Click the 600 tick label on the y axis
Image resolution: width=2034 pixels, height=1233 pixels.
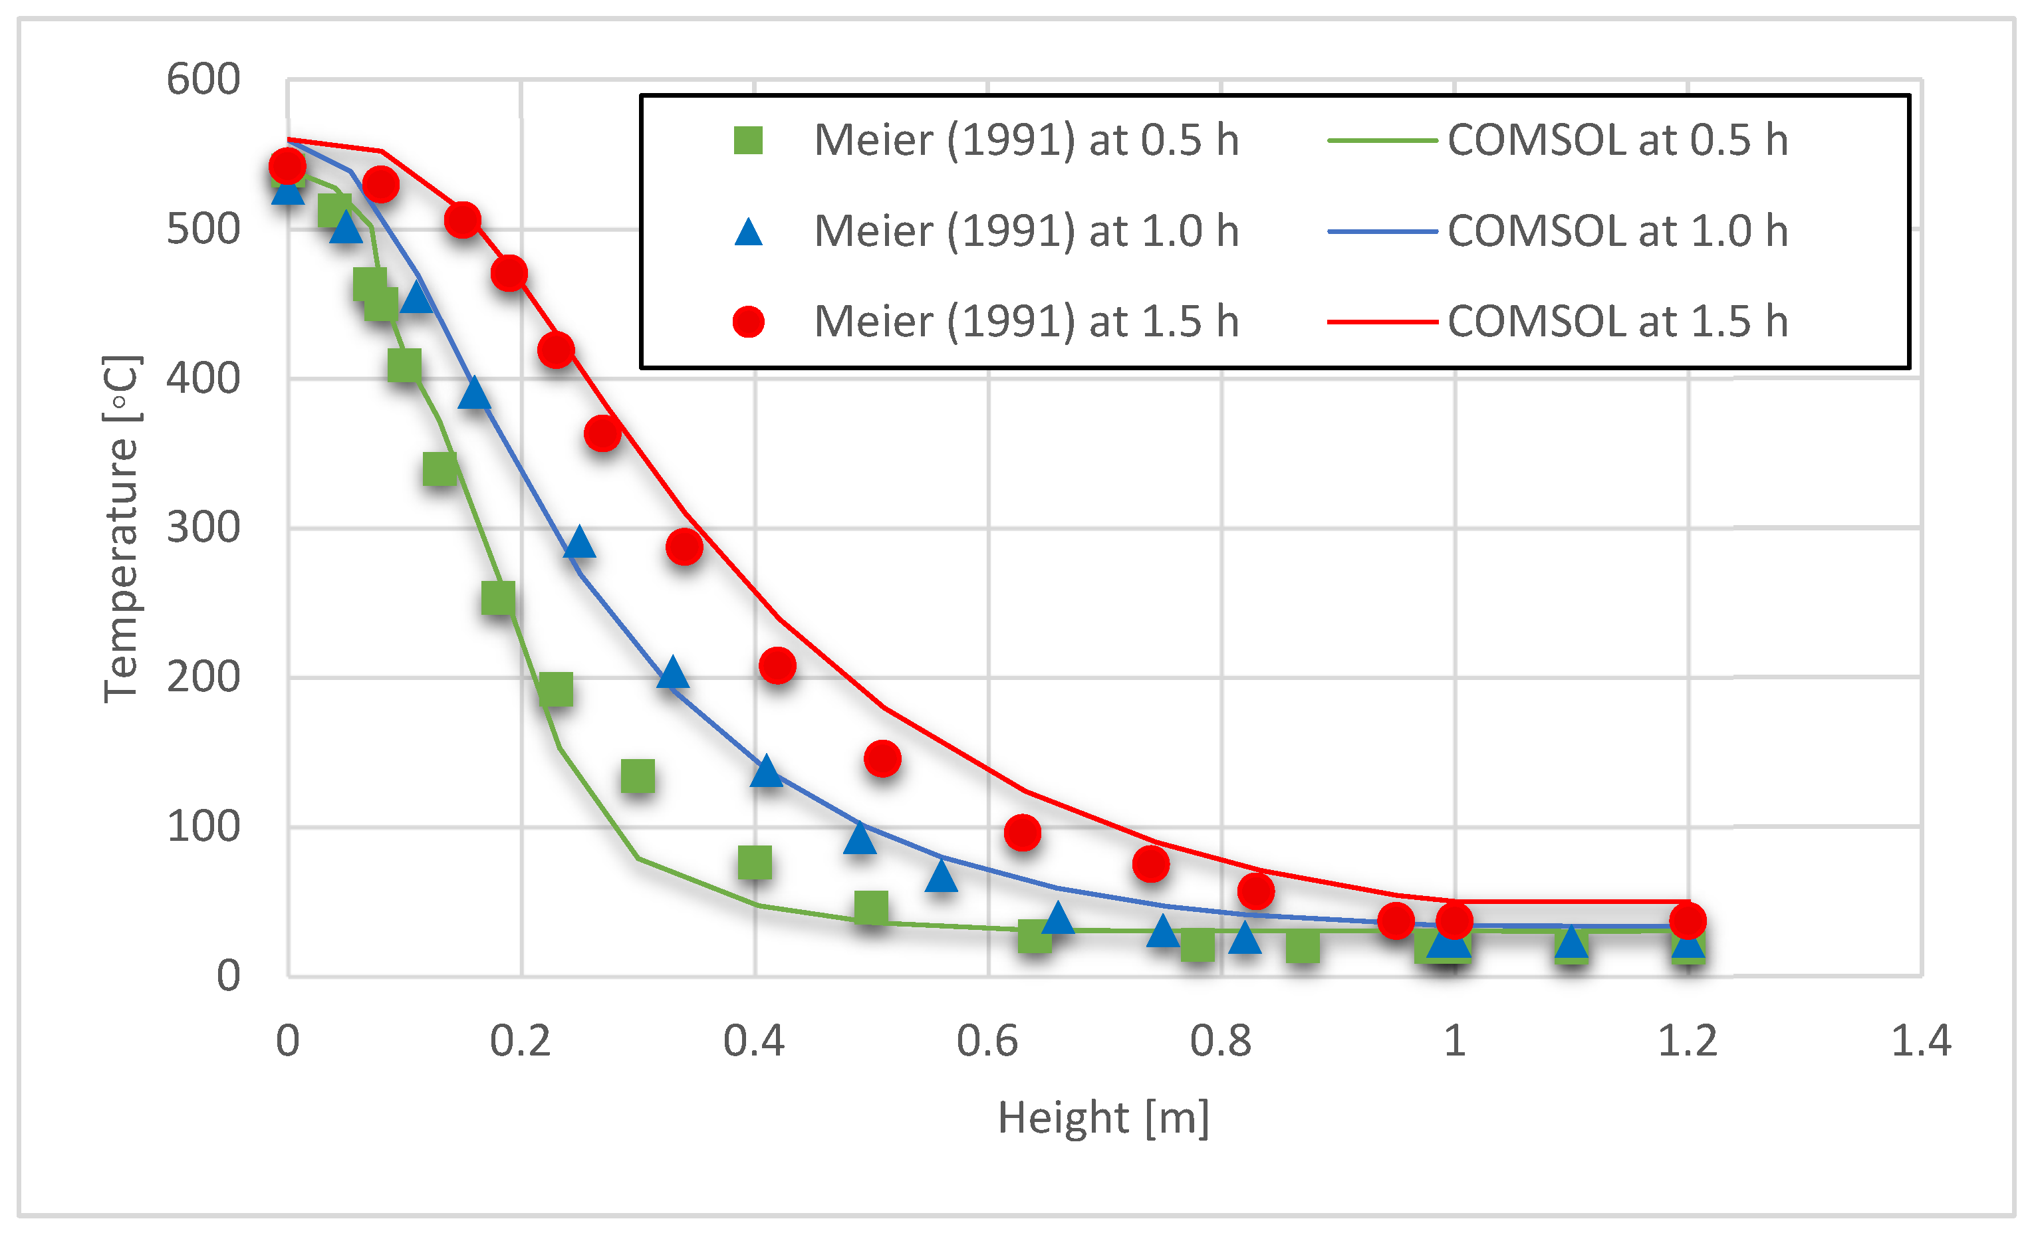[x=203, y=80]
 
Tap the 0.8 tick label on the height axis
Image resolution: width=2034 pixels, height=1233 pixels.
[x=1220, y=1041]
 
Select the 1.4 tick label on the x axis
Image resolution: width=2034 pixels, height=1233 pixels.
[x=1921, y=1041]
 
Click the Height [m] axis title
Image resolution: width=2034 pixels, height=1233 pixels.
[x=1104, y=1118]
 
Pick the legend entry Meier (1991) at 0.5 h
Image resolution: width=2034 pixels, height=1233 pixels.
[x=1026, y=140]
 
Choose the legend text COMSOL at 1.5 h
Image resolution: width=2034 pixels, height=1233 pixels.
[x=1617, y=321]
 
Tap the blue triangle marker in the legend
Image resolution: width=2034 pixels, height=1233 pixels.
[x=749, y=232]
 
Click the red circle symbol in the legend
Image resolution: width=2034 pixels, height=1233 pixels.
[x=749, y=321]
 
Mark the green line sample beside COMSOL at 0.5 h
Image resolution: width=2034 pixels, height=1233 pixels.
[x=1382, y=141]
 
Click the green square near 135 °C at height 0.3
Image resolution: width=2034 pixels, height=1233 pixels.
[x=637, y=776]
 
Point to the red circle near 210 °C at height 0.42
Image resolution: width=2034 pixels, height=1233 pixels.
[x=777, y=665]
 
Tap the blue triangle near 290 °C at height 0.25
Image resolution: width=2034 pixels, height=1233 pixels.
[x=580, y=542]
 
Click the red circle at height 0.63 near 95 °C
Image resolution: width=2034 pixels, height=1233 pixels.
[x=1022, y=833]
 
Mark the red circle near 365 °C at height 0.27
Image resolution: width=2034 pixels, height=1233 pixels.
[x=602, y=433]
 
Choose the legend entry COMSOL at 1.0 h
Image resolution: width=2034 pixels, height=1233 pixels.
[x=1617, y=231]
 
